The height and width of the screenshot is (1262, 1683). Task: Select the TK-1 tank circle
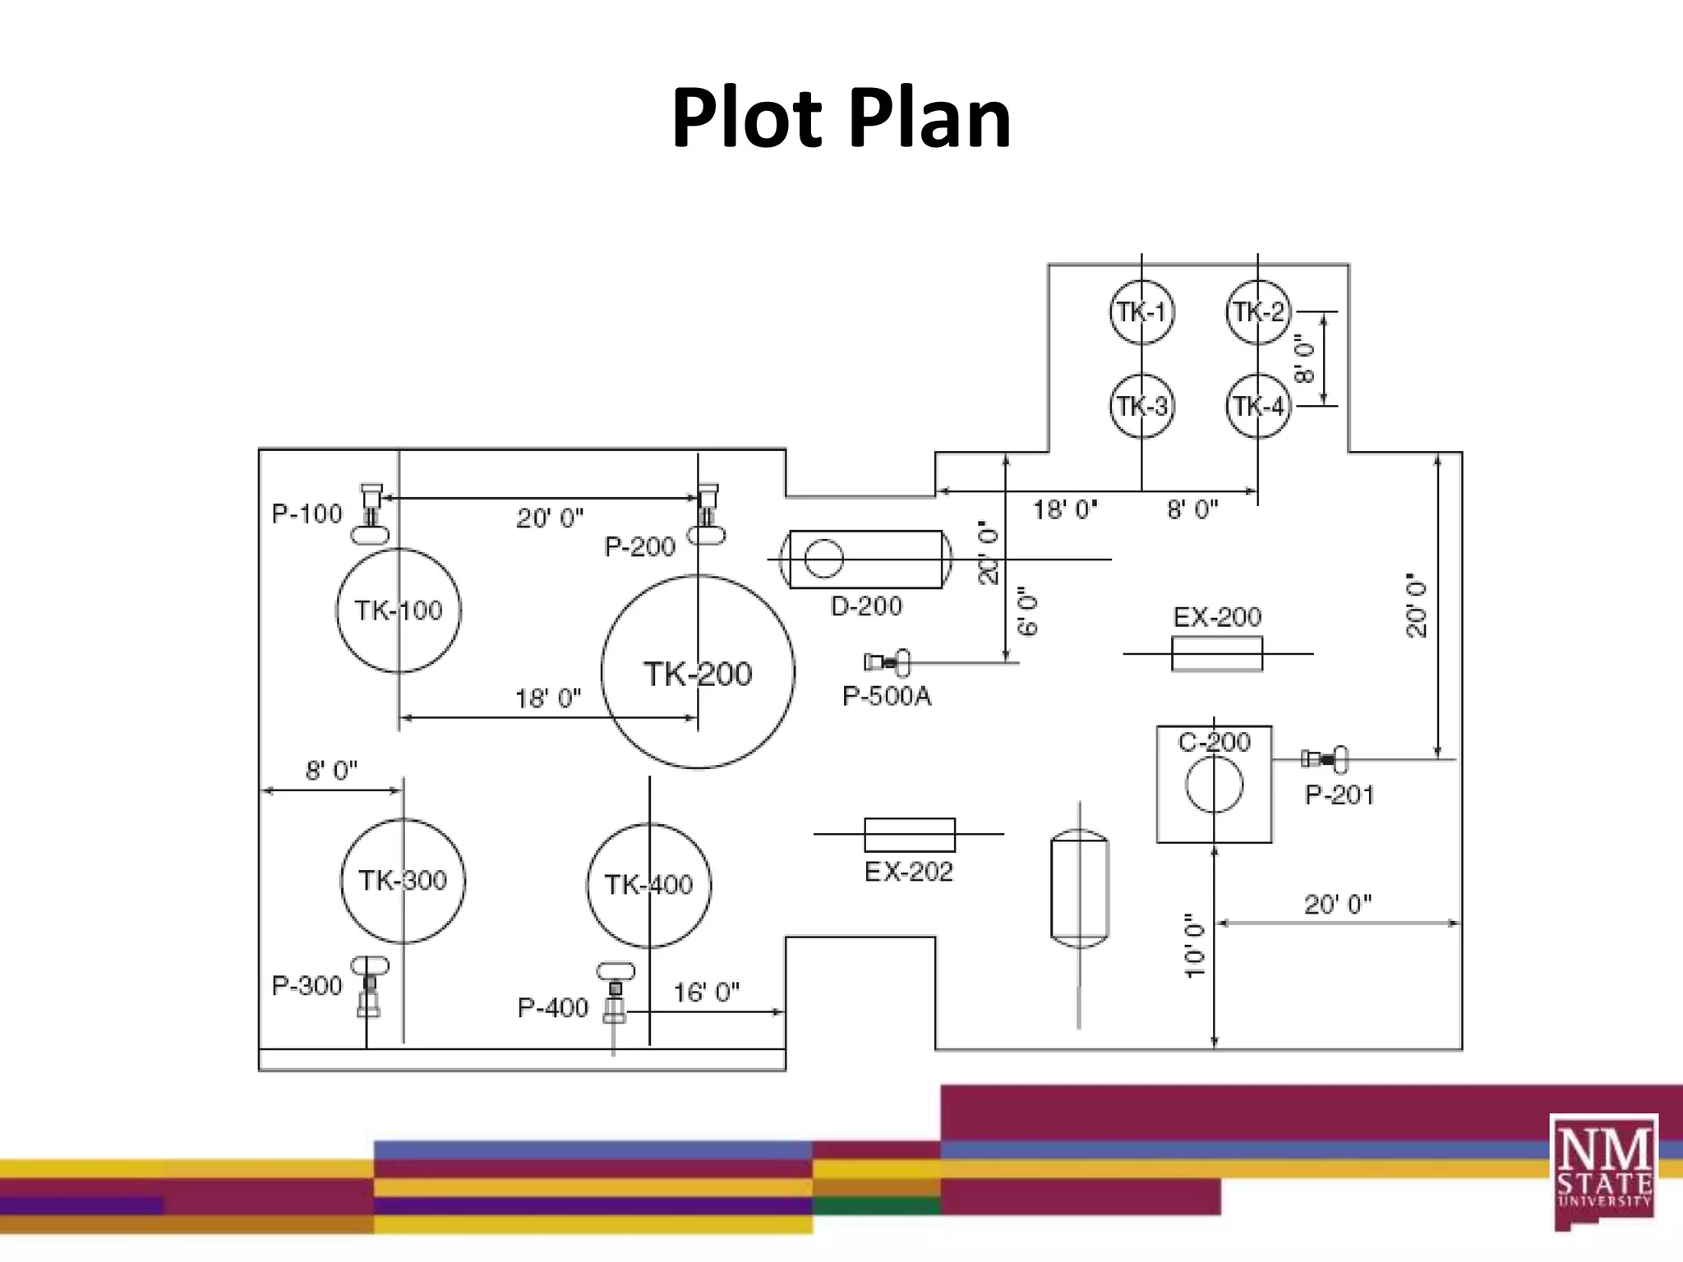coord(1141,312)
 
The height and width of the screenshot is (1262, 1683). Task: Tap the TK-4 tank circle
coord(1258,406)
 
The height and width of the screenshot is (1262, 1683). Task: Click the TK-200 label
coord(697,674)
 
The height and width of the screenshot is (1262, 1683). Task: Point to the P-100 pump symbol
coord(371,514)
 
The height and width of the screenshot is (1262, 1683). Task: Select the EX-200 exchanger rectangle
coord(1216,654)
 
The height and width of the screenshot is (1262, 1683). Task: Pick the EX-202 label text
coord(908,872)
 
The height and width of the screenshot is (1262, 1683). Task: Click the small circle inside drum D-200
coord(823,559)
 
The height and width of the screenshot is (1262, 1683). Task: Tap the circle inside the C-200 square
coord(1214,784)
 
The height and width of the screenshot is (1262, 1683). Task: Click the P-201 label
coord(1339,795)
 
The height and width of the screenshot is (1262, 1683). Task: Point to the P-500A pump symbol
coord(888,662)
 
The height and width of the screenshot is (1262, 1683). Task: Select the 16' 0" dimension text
coord(706,993)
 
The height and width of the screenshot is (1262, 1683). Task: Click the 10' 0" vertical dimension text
coord(1194,945)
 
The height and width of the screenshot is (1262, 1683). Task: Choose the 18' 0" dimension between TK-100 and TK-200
coord(547,698)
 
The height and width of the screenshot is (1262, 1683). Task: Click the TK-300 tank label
coord(402,881)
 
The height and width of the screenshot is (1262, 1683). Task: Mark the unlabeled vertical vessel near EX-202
coord(1079,888)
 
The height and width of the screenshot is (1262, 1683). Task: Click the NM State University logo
coord(1603,1171)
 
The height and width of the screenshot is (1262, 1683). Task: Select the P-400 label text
coord(552,1007)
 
